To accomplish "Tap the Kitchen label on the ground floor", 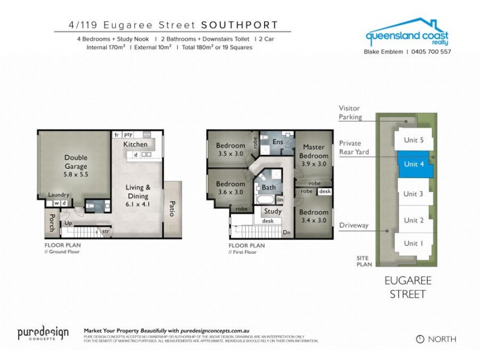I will [x=135, y=145].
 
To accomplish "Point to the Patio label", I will [x=172, y=209].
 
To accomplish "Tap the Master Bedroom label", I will [x=314, y=151].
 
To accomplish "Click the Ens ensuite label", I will [x=277, y=142].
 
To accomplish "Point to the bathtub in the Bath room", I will [x=265, y=199].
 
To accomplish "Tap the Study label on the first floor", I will [x=272, y=211].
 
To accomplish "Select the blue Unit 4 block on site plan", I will [x=414, y=164].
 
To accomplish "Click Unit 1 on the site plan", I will [x=413, y=243].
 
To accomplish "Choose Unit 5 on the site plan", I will [x=413, y=140].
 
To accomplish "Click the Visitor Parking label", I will [x=350, y=113].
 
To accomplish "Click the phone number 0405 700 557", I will [x=430, y=52].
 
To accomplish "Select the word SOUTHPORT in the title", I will [x=239, y=25].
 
